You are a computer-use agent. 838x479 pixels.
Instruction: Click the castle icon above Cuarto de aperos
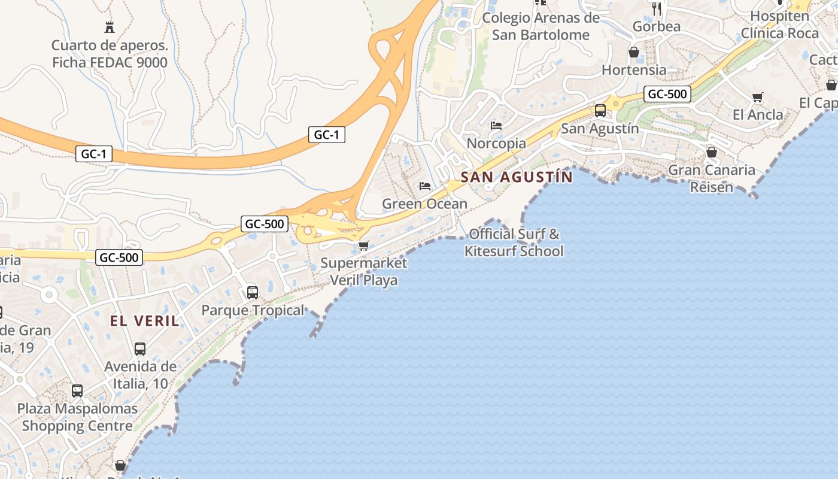(110, 27)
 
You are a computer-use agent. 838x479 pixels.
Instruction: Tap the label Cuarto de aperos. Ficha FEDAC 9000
(110, 54)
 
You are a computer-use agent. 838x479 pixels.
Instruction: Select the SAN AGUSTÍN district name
(517, 177)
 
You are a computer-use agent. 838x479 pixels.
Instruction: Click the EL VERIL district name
(144, 321)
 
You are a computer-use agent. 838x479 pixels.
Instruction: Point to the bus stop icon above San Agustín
(600, 111)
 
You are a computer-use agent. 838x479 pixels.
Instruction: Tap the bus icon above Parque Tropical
(253, 293)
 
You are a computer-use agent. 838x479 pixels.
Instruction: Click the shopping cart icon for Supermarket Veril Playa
(363, 245)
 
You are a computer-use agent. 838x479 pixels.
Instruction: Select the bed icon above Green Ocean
(425, 186)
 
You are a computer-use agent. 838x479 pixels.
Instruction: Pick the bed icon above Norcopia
(496, 126)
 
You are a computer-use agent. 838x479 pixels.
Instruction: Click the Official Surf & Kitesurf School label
(514, 242)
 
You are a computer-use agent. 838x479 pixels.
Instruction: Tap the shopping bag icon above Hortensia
(634, 53)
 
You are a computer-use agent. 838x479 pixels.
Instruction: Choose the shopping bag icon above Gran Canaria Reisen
(712, 152)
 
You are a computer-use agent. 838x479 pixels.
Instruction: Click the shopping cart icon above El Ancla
(758, 97)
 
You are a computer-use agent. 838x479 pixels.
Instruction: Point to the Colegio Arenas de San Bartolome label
(541, 26)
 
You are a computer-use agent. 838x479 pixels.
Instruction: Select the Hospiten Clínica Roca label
(779, 25)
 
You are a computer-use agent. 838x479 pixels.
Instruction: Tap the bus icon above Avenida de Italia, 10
(140, 349)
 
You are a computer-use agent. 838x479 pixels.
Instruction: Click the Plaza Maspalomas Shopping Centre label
(77, 417)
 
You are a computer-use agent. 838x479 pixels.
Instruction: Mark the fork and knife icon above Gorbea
(657, 8)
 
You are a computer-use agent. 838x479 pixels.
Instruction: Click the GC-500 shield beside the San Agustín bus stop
(667, 94)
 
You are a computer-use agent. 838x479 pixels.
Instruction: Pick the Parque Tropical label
(253, 310)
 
